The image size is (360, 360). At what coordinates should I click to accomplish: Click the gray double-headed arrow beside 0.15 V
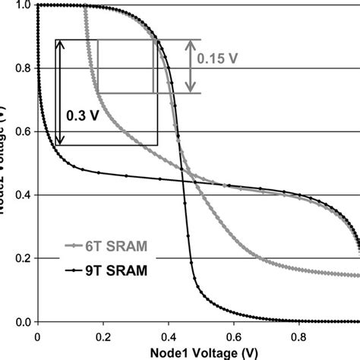click(190, 66)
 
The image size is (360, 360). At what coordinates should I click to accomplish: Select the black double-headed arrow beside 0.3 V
click(59, 92)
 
